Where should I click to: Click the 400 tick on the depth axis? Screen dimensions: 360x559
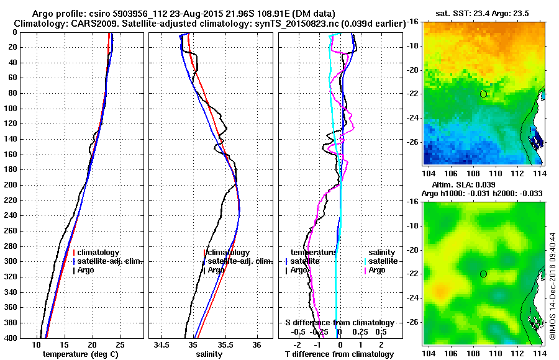(x=11, y=338)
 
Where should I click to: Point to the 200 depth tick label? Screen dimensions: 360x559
(x=11, y=185)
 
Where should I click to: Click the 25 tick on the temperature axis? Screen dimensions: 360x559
(x=119, y=344)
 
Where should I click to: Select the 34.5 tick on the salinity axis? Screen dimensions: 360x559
(x=163, y=344)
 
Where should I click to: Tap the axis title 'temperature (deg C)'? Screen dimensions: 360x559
(x=80, y=354)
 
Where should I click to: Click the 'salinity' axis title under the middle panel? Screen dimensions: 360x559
(x=211, y=354)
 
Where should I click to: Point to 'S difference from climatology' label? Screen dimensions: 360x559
(x=339, y=323)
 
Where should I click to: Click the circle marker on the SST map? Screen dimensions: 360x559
(x=483, y=94)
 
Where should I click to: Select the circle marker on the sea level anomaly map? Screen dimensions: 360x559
(x=483, y=274)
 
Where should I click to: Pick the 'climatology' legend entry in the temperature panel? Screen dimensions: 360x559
(x=96, y=253)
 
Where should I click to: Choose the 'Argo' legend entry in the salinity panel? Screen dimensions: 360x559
(x=216, y=270)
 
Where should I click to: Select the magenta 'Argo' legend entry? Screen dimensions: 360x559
(x=376, y=270)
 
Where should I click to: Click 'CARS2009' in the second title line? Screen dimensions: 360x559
(x=100, y=23)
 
